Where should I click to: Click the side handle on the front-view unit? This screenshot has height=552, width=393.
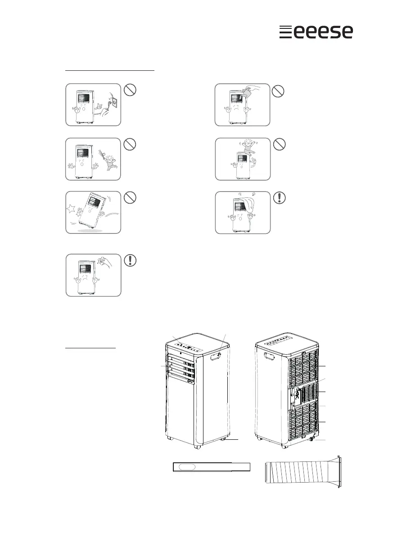tap(216, 356)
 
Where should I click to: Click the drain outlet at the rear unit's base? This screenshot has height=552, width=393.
tap(312, 438)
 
